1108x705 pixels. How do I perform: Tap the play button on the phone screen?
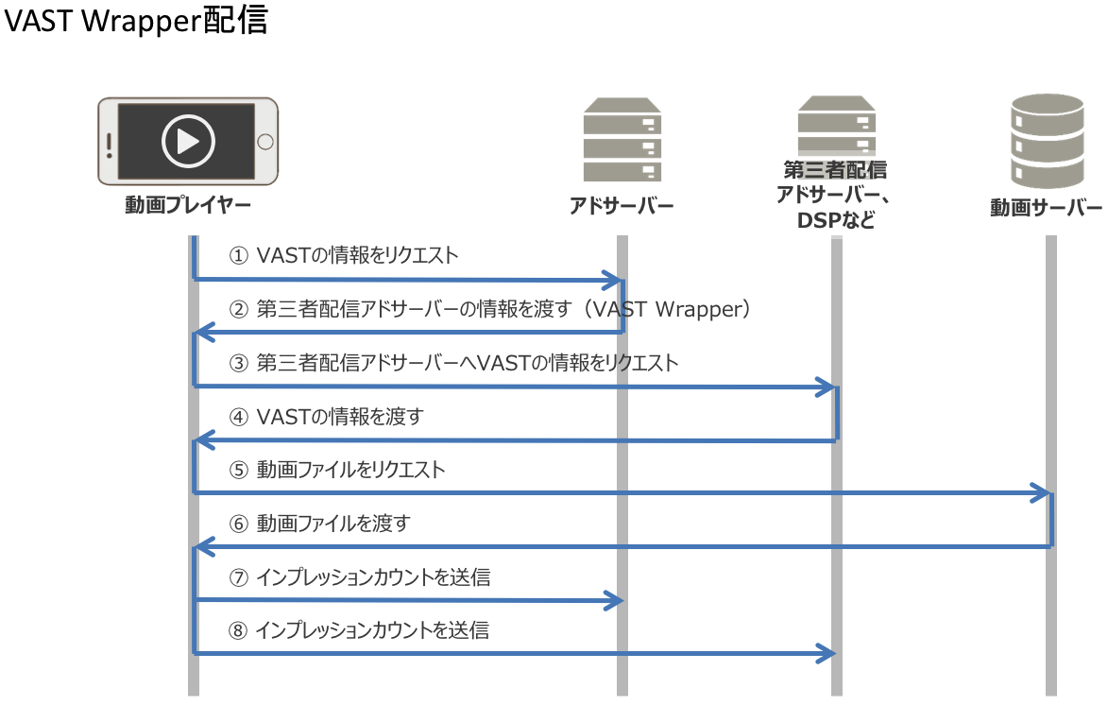[x=187, y=141]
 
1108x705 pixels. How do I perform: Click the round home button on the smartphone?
[x=265, y=142]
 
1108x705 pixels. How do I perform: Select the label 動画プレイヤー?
[x=188, y=205]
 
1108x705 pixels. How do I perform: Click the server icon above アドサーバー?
[x=621, y=140]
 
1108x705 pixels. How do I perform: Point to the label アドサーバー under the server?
[x=621, y=206]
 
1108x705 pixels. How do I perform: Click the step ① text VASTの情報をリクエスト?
[x=357, y=255]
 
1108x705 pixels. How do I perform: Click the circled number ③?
[x=239, y=363]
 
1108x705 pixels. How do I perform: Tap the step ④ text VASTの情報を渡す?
[x=339, y=417]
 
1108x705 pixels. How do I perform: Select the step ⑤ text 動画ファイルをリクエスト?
[x=350, y=470]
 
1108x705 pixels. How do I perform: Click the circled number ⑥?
[x=239, y=524]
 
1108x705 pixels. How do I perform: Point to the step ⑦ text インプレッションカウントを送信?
[x=373, y=576]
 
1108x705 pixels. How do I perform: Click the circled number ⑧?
[x=239, y=630]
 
